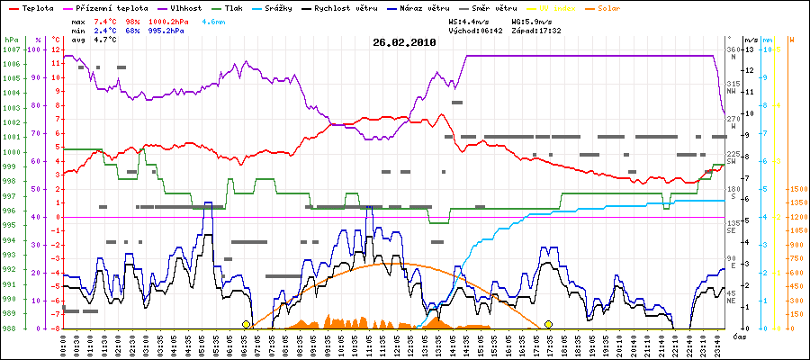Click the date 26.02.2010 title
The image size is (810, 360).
404,41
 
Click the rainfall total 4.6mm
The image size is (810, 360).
214,19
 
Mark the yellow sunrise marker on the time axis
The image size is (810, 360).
246,324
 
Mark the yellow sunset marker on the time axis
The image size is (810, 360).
547,324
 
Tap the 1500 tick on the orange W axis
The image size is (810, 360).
796,189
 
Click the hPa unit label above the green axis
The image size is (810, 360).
11,40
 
